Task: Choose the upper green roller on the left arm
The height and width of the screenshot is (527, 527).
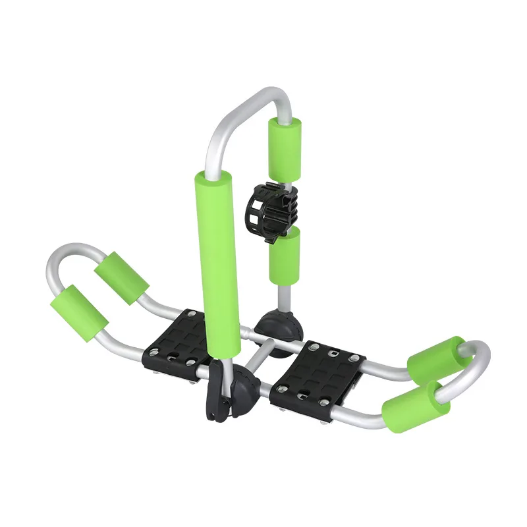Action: click(x=121, y=277)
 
